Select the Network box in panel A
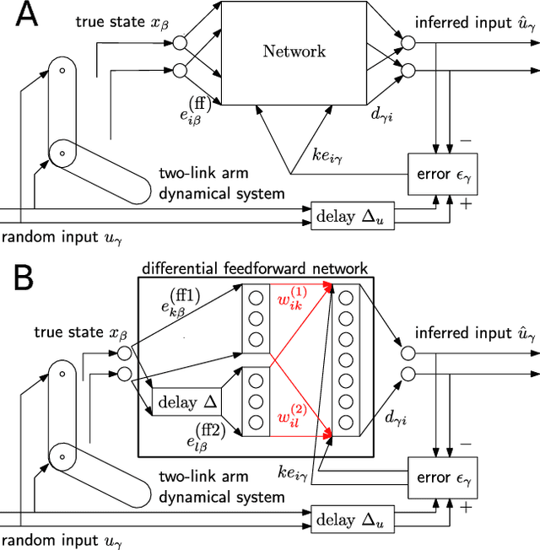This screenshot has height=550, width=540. [x=294, y=51]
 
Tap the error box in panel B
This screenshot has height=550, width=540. [x=442, y=477]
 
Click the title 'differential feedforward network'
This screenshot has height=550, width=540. [x=254, y=268]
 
